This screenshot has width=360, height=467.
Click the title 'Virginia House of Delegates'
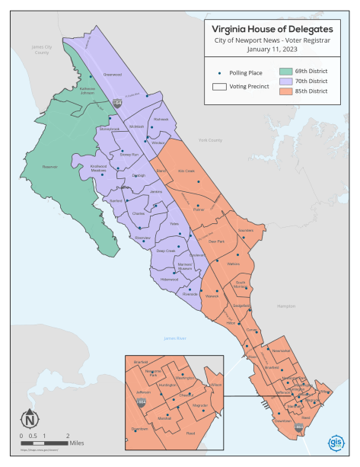tap(277, 29)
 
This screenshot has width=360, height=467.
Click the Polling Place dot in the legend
tap(220, 73)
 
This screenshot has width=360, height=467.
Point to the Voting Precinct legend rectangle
tap(219, 87)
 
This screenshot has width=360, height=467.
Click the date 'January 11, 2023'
tap(277, 50)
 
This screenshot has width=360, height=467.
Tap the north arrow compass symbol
tap(29, 418)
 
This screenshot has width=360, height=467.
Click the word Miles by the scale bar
tap(76, 442)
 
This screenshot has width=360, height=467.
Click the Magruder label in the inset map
tap(200, 405)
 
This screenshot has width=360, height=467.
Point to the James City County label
tap(40, 50)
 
